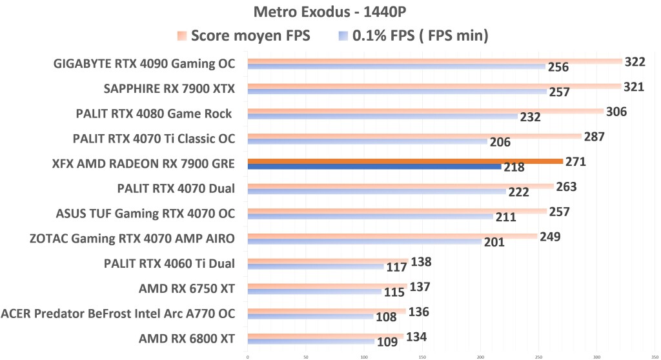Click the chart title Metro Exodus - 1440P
click(330, 12)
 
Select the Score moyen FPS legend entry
click(244, 36)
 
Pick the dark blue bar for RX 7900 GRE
click(374, 167)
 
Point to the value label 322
click(634, 61)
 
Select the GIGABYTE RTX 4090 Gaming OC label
click(145, 63)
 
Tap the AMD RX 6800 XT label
click(187, 339)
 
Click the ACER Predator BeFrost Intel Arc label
click(118, 314)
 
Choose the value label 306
click(616, 112)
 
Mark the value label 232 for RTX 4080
click(530, 117)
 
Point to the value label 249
click(550, 237)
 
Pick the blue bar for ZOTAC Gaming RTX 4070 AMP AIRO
click(365, 242)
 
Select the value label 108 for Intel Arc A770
click(386, 318)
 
